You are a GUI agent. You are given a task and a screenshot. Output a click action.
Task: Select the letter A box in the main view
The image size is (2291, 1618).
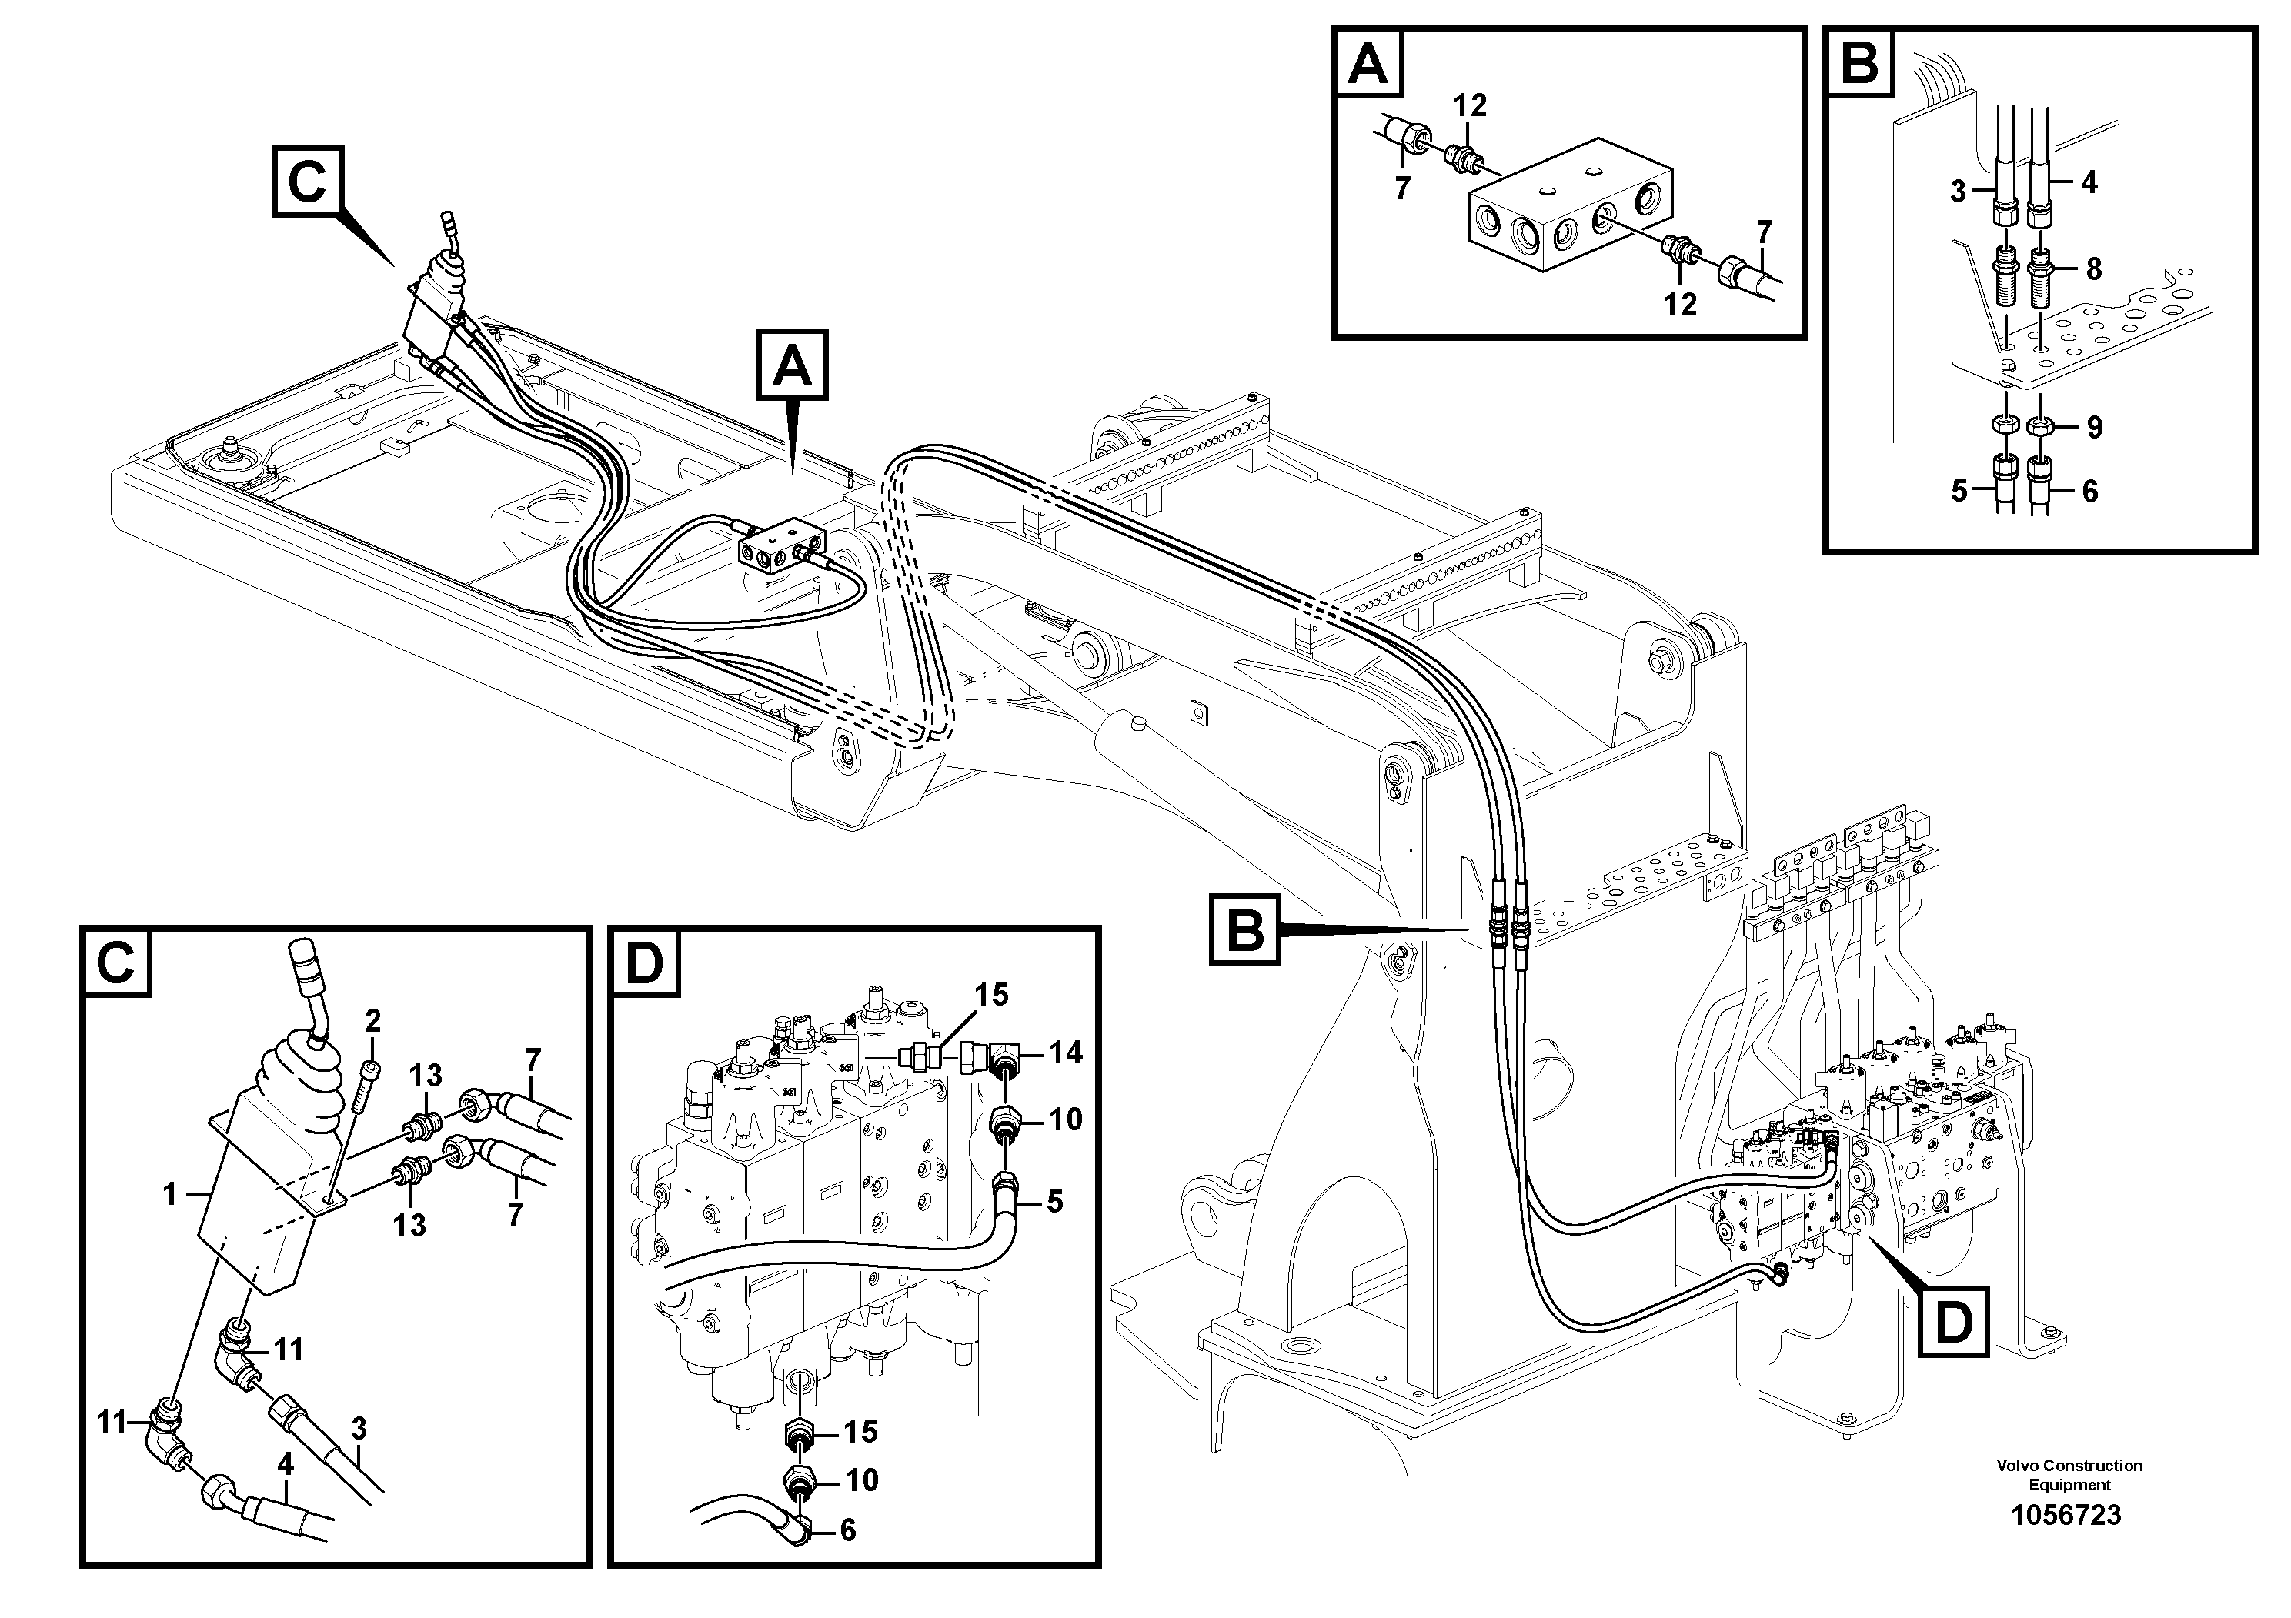pos(793,367)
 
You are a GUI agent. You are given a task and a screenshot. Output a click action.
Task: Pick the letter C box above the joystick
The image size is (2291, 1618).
pos(307,182)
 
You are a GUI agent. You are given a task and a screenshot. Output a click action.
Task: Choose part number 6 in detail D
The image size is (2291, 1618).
pos(848,1530)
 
